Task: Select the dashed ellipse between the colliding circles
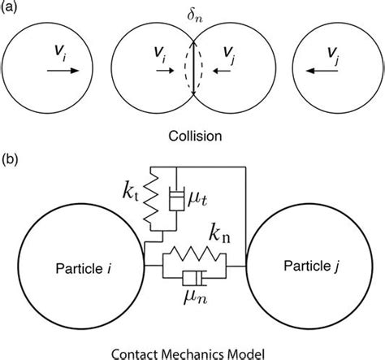(x=193, y=70)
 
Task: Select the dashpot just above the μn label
(x=193, y=279)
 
